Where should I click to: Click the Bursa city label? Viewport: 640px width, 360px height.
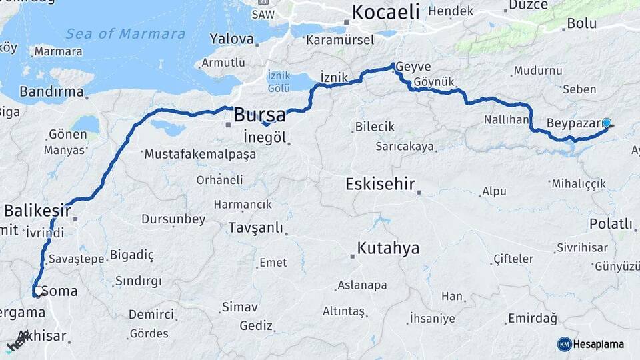pos(259,115)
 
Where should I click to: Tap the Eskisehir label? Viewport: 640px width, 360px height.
pos(380,184)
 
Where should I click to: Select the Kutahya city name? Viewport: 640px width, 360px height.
pos(388,249)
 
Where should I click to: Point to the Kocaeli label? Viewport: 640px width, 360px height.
pos(385,11)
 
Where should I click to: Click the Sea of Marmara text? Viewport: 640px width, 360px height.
pos(125,34)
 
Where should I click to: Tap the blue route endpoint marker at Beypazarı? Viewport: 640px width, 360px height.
pos(606,123)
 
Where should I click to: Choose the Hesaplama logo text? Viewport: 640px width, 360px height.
pos(599,344)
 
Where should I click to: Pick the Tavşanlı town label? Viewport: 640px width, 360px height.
pos(255,228)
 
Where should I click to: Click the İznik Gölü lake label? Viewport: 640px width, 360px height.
pos(279,81)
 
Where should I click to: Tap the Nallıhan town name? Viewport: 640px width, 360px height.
pos(507,120)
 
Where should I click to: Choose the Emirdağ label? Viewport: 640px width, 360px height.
pos(532,318)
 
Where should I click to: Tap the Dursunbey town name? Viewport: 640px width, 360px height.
pos(175,219)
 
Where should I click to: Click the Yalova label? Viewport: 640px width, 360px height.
pos(231,38)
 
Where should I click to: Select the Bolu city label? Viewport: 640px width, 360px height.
pos(581,23)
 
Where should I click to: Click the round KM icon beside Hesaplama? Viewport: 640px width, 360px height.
pos(565,344)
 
